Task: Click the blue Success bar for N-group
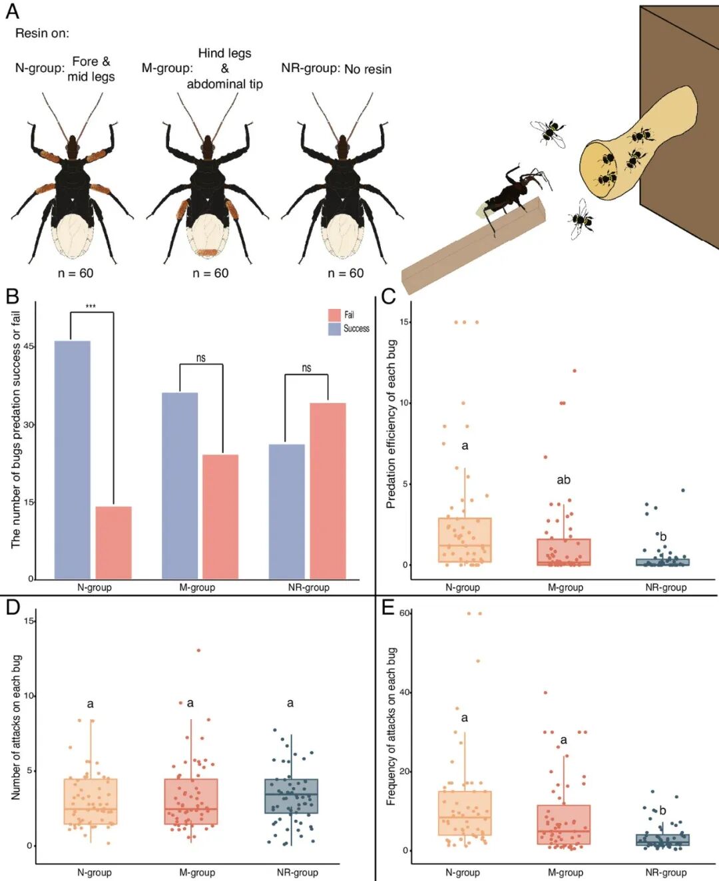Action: (73, 460)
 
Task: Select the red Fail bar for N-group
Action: (114, 543)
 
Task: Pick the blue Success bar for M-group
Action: (180, 486)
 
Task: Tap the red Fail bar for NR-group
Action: (328, 491)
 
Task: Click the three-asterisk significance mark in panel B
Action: (91, 307)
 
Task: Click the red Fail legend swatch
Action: (334, 315)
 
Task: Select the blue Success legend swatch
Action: (334, 329)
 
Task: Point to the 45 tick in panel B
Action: (29, 346)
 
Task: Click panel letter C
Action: (389, 296)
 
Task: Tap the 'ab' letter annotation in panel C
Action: (563, 480)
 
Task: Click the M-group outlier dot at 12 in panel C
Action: (575, 370)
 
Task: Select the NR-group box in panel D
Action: (291, 796)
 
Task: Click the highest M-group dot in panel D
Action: (199, 651)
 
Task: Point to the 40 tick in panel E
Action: (403, 693)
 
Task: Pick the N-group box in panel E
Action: (465, 813)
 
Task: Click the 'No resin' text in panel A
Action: (368, 69)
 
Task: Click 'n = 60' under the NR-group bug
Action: (346, 273)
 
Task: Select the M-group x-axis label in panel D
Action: (197, 872)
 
